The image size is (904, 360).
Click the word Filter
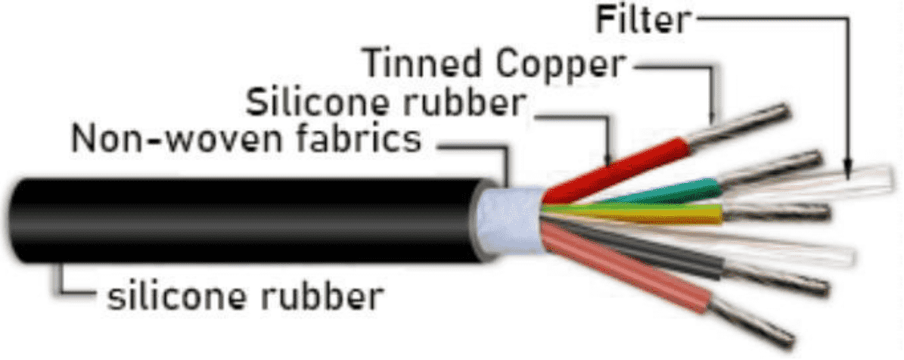pos(644,20)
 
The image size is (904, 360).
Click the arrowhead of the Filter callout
pos(848,170)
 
